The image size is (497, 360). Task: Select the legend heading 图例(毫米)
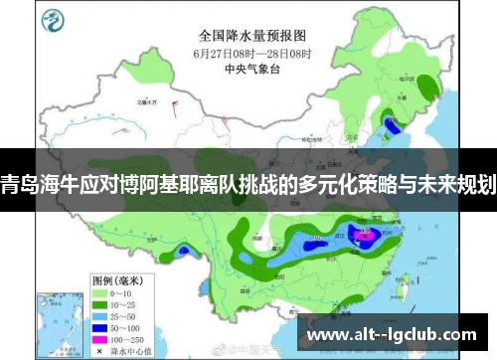[x=113, y=253]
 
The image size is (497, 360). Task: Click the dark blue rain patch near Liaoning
[x=392, y=124]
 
